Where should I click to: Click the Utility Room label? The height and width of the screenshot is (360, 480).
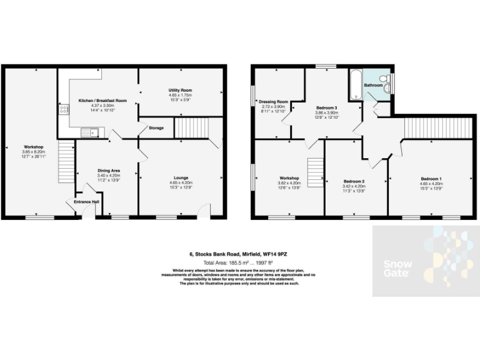179,90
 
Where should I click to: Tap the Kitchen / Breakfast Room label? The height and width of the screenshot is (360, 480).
102,101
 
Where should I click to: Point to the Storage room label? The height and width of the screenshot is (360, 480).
156,128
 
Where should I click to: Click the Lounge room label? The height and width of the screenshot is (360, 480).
180,177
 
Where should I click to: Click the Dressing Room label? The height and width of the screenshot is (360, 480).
274,101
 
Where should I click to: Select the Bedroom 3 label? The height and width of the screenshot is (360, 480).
327,108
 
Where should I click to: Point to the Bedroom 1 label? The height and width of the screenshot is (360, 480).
431,177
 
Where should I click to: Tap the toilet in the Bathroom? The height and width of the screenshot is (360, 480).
389,80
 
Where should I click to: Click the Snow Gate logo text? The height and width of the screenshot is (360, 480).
397,268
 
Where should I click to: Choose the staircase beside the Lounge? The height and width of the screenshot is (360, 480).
186,128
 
